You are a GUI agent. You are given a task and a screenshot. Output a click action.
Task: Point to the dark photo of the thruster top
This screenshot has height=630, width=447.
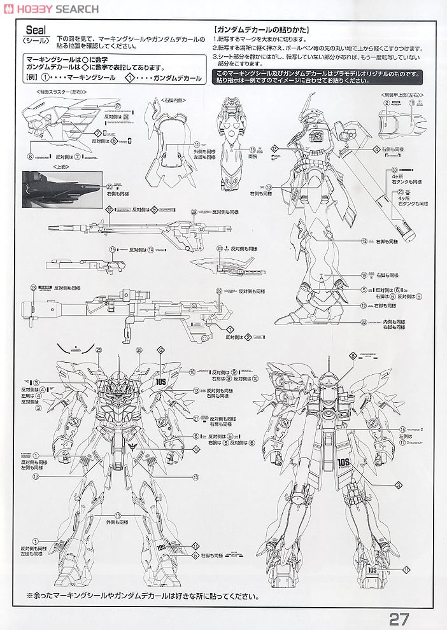pyautogui.click(x=62, y=189)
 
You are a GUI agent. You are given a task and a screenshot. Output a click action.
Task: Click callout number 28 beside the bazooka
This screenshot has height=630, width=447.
pyautogui.click(x=32, y=288)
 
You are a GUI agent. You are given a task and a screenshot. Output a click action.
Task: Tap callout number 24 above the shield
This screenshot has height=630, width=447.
pyautogui.click(x=219, y=248)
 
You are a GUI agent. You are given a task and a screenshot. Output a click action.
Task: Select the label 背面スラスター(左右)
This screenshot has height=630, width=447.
pyautogui.click(x=61, y=92)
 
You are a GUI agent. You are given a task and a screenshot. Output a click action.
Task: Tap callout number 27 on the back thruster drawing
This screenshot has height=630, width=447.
pyautogui.click(x=118, y=106)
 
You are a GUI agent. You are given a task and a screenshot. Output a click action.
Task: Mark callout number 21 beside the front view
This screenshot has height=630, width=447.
pyautogui.click(x=196, y=418)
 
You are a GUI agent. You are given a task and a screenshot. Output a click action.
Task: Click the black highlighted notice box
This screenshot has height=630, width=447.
pyautogui.click(x=316, y=77)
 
